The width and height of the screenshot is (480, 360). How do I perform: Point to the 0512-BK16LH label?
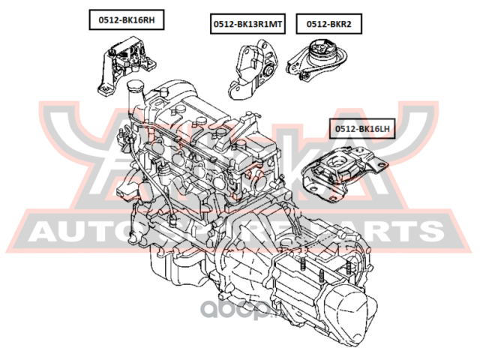(x=363, y=129)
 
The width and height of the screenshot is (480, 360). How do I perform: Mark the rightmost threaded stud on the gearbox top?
(x=348, y=265)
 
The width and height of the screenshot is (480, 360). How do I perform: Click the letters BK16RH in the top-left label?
(x=139, y=21)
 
